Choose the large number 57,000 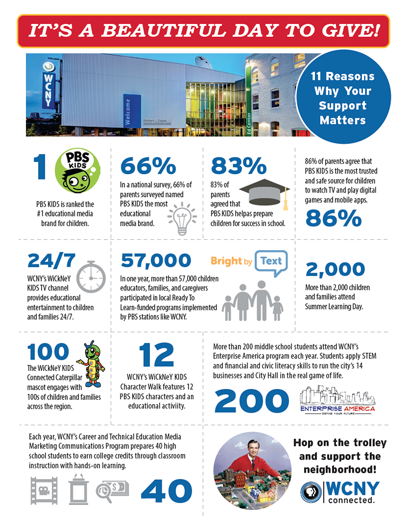[x=155, y=261]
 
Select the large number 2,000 [x=335, y=270]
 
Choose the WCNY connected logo [x=340, y=492]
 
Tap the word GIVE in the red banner [x=346, y=31]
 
